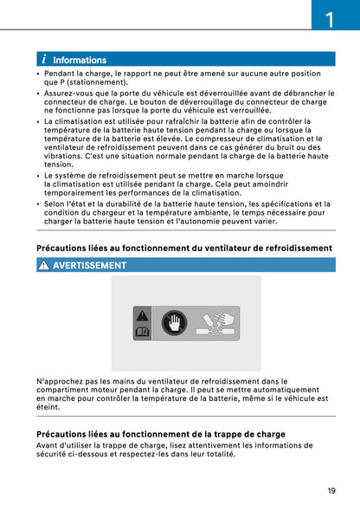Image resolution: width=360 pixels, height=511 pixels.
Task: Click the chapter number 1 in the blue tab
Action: coord(331,18)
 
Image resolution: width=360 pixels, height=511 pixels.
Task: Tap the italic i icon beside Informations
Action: coord(43,60)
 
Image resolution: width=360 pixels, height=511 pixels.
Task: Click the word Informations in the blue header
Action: coord(80,61)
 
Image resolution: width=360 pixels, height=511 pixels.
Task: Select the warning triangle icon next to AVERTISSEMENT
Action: coord(44,265)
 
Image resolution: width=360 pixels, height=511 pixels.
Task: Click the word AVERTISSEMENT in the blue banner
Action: coord(89,265)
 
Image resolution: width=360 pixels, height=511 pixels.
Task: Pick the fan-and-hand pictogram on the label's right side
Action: coord(215,323)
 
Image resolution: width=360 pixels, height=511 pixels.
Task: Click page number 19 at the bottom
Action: coord(332,491)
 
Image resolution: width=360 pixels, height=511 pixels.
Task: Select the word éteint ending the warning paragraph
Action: coord(48,407)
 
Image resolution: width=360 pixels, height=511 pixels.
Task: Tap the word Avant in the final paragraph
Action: coord(48,445)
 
